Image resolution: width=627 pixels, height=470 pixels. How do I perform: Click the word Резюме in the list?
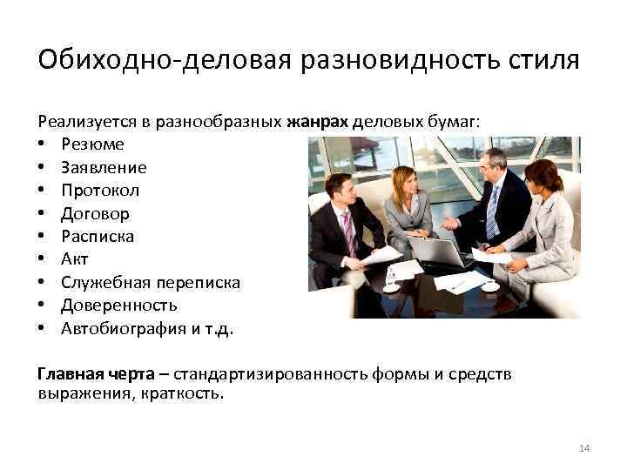pos(92,144)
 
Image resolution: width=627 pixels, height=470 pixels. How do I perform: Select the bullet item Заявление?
pos(104,167)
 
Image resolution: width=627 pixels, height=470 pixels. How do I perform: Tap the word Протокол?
pos(100,190)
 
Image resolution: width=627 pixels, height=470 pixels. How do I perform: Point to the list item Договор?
pos(95,213)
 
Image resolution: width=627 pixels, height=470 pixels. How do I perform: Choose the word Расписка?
pos(98,236)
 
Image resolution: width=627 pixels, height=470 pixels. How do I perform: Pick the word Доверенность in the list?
pos(118,305)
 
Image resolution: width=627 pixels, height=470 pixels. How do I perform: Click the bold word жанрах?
pos(317,122)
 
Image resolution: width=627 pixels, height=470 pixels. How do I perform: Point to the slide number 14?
pos(583,448)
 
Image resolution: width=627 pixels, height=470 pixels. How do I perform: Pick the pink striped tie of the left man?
pos(349,232)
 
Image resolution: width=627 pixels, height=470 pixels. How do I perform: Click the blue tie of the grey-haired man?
pos(493,211)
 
